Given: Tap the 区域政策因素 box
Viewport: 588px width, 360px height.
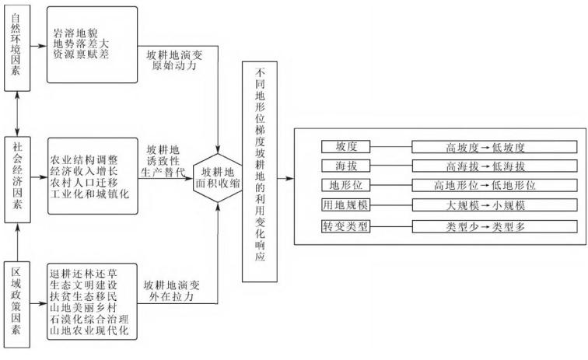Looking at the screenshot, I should click(17, 303).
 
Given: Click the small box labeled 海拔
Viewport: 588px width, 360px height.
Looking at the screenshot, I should click(346, 167).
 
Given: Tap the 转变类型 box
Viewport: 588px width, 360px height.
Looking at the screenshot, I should click(346, 226).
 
